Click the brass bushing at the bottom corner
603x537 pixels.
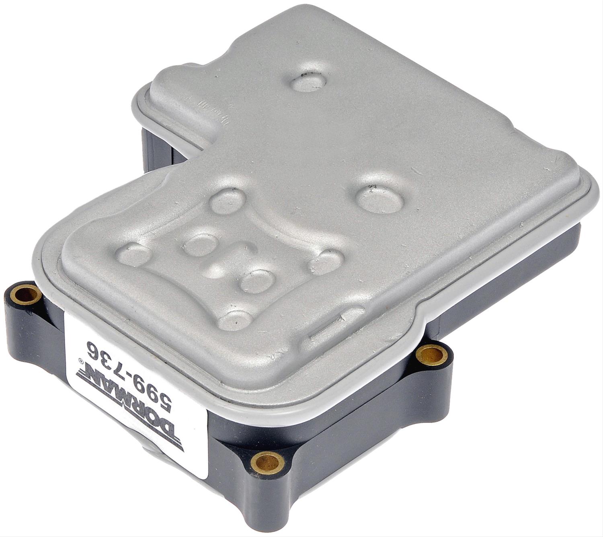click(x=267, y=462)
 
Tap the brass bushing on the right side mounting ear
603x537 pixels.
click(x=431, y=355)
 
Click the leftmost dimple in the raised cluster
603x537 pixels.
click(x=135, y=254)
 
